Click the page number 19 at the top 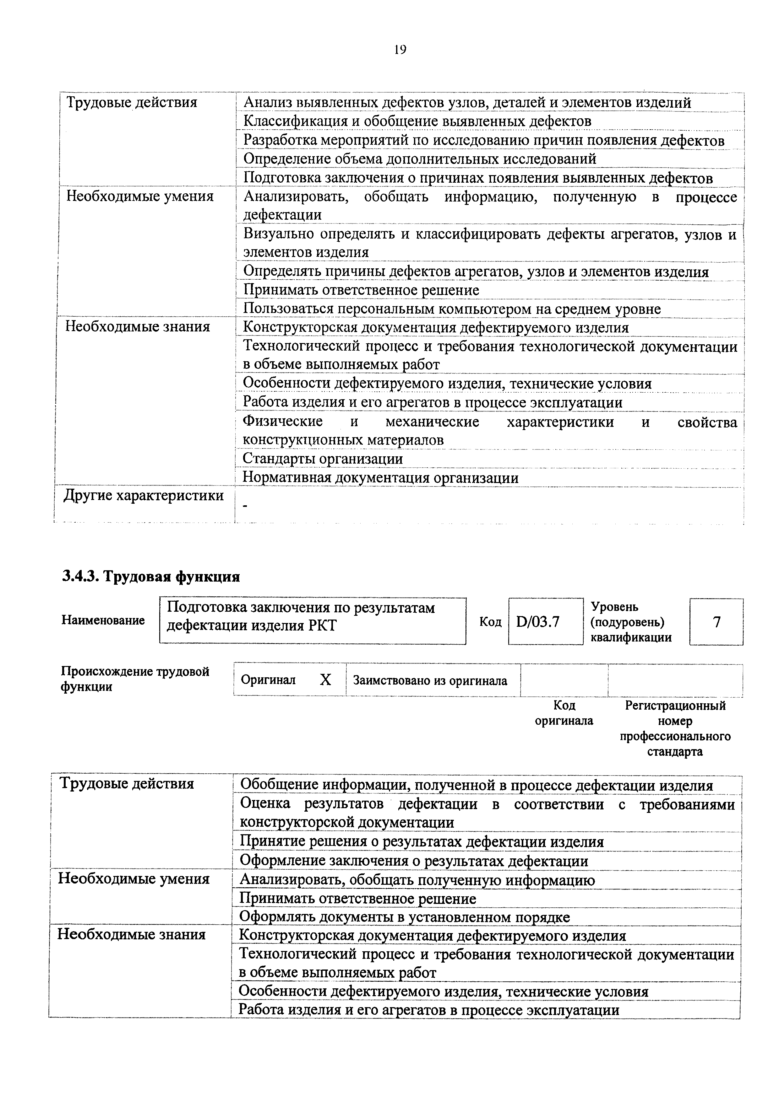(400, 49)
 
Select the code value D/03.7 (538, 622)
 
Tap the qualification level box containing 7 (716, 622)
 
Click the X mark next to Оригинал (325, 680)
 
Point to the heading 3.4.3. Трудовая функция (151, 576)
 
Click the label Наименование (103, 620)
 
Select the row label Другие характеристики (144, 495)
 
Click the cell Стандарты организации (323, 459)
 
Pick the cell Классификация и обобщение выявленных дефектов (417, 121)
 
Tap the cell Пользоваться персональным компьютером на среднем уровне (452, 309)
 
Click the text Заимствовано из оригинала (430, 680)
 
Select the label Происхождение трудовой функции (135, 679)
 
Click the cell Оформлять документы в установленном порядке (404, 917)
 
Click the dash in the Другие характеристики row (246, 506)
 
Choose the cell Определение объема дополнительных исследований (420, 159)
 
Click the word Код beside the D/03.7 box (490, 622)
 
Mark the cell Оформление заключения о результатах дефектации (414, 861)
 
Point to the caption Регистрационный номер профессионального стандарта (675, 728)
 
